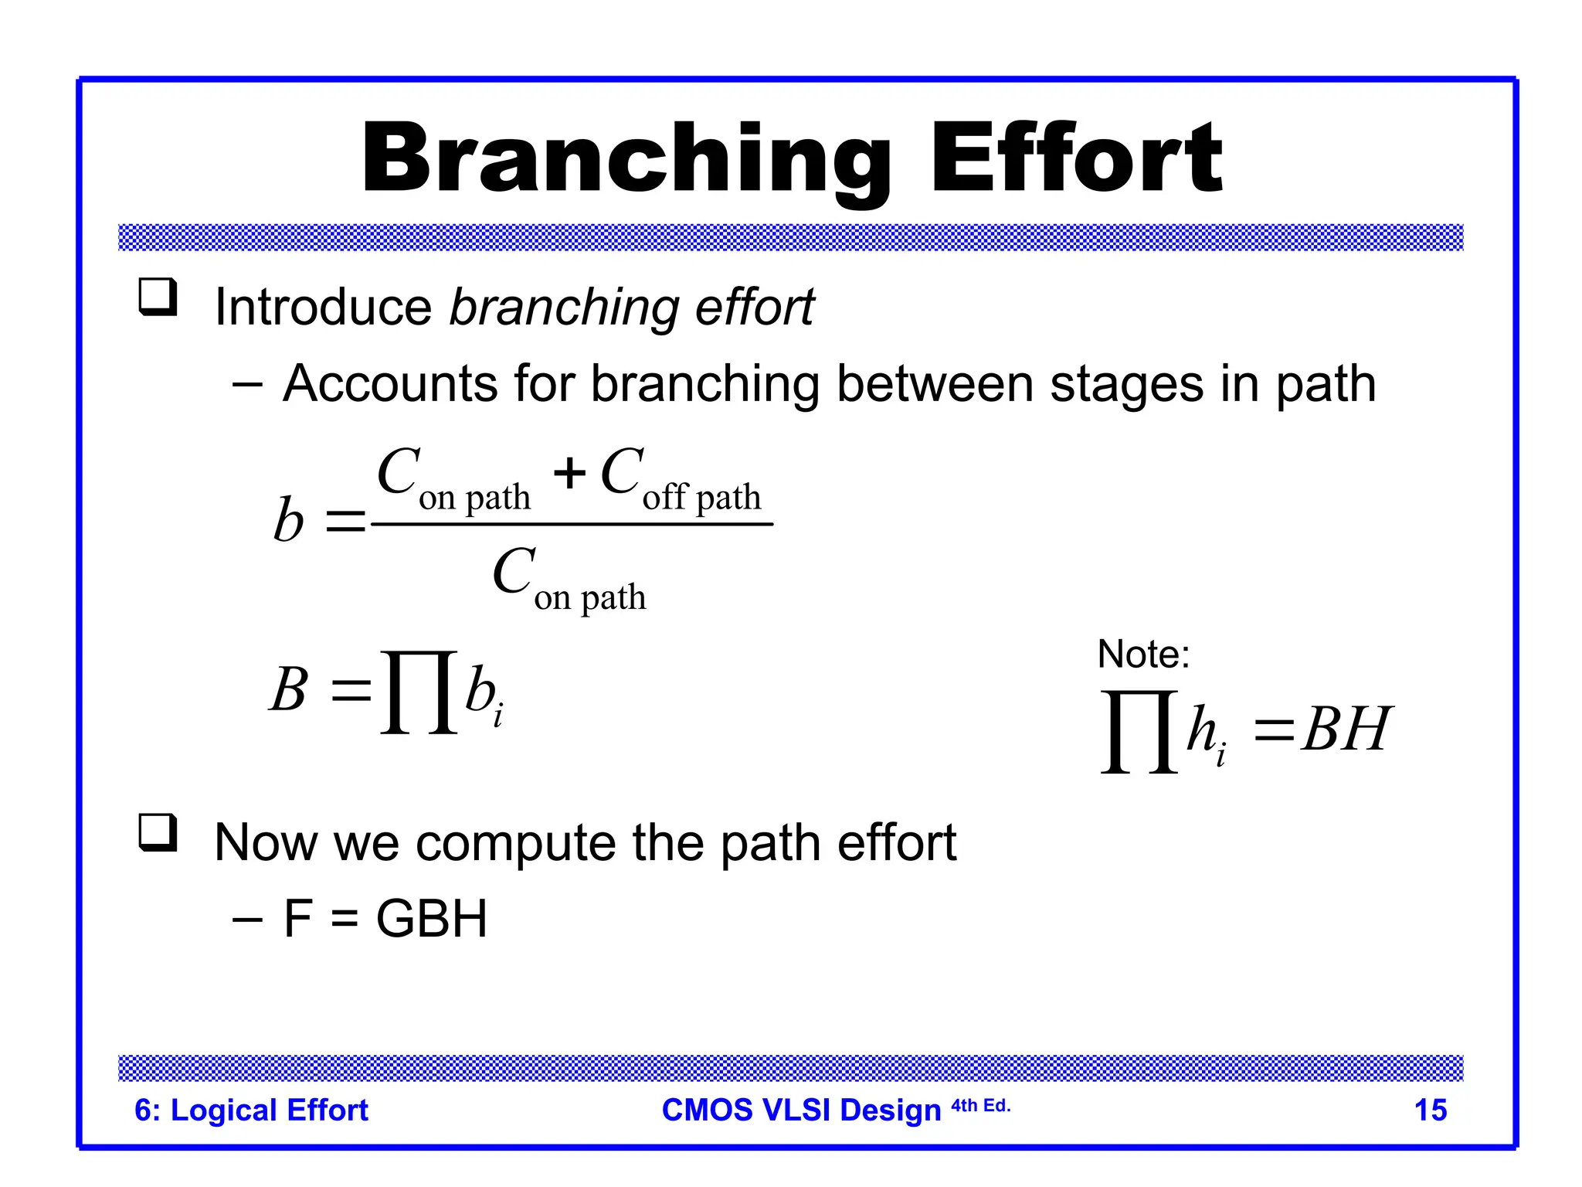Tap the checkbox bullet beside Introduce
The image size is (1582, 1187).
pos(158,298)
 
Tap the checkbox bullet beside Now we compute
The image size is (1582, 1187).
pos(158,833)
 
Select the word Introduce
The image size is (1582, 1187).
pos(323,307)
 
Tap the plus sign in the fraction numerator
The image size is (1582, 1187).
pos(569,473)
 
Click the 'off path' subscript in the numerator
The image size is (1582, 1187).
pos(701,497)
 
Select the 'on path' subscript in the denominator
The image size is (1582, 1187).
pos(589,597)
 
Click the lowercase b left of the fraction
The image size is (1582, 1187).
pos(289,519)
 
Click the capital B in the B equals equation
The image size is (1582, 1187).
pos(289,689)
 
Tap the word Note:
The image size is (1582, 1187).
pos(1143,655)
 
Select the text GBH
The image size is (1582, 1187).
pos(431,919)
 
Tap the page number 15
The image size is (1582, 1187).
pos(1430,1110)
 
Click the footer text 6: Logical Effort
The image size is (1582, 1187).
pos(251,1110)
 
